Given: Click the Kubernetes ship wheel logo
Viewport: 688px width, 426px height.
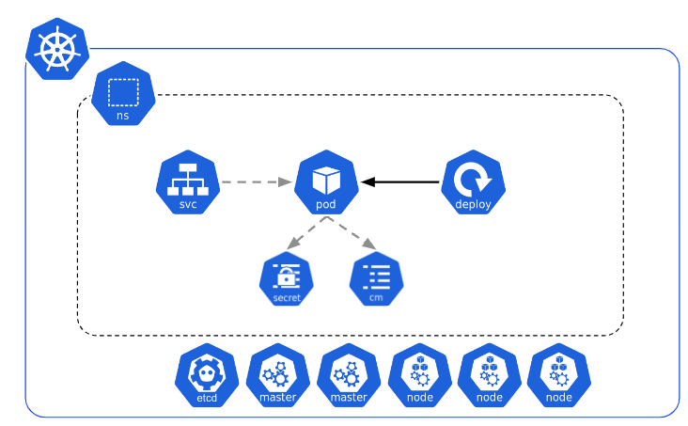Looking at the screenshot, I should [x=56, y=50].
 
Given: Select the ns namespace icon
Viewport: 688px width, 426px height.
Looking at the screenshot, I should [x=123, y=94].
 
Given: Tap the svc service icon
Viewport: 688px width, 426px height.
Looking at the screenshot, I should [x=187, y=182].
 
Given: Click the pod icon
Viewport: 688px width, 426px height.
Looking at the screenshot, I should [x=326, y=182].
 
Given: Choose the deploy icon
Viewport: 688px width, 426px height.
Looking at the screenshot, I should [x=473, y=182].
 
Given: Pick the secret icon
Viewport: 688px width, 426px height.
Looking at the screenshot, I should [x=287, y=279].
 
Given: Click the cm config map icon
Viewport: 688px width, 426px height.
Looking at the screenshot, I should [x=376, y=279].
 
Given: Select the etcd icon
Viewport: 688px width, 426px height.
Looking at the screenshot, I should [x=207, y=377].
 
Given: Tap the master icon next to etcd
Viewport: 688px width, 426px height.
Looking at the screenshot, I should [x=277, y=377].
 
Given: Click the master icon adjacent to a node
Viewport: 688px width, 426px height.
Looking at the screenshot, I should [x=348, y=377].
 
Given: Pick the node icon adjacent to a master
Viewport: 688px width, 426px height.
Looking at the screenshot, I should [x=419, y=377].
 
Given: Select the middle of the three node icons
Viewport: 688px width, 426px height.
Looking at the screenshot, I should [x=489, y=377].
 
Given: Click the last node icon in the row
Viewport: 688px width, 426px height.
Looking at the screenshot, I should [x=558, y=377].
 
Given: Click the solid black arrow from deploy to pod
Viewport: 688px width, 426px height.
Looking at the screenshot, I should [x=401, y=181].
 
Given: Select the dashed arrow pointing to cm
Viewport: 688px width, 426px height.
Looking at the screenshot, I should [x=352, y=234].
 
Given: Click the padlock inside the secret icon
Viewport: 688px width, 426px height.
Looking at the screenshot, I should [x=287, y=276].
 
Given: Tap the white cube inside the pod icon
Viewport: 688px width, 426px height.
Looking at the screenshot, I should [x=326, y=178].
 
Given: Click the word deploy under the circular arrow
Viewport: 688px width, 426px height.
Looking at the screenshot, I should [x=473, y=204].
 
